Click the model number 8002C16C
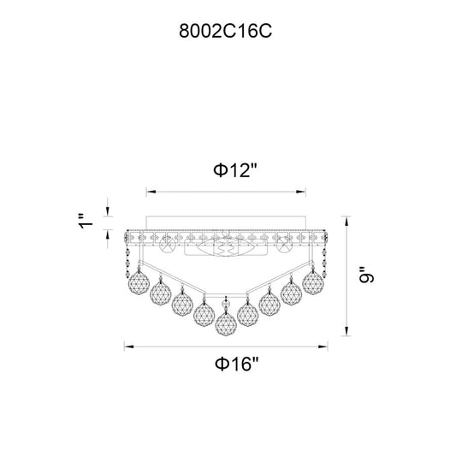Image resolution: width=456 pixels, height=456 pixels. point(225,31)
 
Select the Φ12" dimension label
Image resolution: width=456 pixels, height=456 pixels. point(235,170)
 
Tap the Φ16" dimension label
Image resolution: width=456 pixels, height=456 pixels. point(236,364)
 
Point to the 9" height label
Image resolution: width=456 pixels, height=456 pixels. point(366,275)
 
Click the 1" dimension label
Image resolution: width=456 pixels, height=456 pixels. point(86,222)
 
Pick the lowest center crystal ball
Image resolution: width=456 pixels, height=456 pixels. point(226,323)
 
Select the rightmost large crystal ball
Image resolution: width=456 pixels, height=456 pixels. point(313,282)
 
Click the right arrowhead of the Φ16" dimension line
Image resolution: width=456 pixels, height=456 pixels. point(323,346)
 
